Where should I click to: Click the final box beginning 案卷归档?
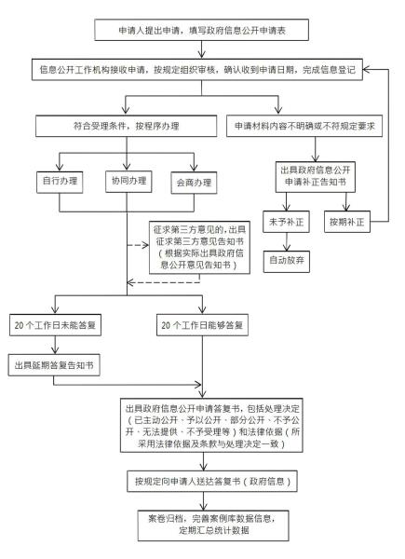click(x=202, y=526)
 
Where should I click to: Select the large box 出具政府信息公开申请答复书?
click(x=202, y=426)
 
